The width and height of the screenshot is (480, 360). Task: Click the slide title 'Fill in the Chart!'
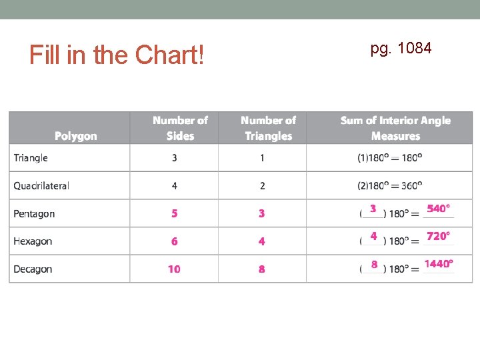click(x=117, y=55)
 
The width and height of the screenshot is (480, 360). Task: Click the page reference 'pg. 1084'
click(x=401, y=48)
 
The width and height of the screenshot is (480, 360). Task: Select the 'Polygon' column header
click(x=75, y=136)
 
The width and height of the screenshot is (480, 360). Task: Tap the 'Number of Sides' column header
click(x=180, y=128)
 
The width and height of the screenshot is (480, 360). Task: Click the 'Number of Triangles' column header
click(x=268, y=128)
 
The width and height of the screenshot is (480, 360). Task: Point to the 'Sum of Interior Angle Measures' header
click(x=395, y=128)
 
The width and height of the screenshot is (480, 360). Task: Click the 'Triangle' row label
click(x=31, y=158)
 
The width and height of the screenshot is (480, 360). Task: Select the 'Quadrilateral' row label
click(x=41, y=186)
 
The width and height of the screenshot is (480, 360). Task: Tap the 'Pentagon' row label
click(x=34, y=214)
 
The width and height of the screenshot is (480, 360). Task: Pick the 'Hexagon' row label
click(x=33, y=241)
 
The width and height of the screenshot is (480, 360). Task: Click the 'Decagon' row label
click(x=33, y=269)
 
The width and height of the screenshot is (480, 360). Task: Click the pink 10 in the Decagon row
click(x=174, y=269)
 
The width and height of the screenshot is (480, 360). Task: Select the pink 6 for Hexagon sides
click(x=174, y=241)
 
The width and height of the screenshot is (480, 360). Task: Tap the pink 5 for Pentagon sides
click(x=174, y=214)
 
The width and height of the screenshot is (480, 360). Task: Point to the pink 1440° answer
click(x=439, y=264)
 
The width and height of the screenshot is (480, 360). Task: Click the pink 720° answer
click(x=438, y=236)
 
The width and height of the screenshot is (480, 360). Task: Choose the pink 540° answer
click(x=438, y=209)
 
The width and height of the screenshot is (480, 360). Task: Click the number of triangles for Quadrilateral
click(x=262, y=186)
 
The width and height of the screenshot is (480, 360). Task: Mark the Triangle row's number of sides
click(x=174, y=158)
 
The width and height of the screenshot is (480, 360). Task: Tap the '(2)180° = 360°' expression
click(x=390, y=186)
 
